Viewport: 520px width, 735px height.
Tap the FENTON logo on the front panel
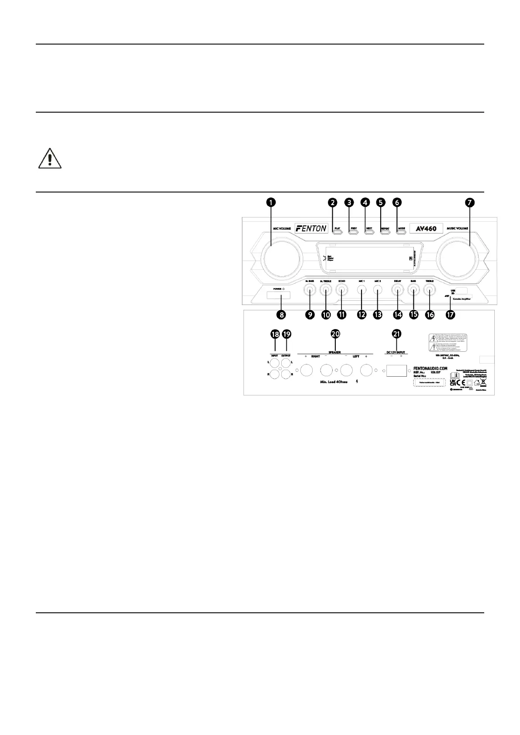[x=310, y=227]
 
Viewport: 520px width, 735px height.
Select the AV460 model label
[x=426, y=228]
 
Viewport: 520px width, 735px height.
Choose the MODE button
[x=401, y=230]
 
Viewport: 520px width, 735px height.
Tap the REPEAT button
[x=385, y=230]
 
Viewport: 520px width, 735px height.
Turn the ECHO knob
[x=341, y=289]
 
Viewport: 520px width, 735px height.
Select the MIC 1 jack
[x=362, y=289]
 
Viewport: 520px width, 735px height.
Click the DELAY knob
[x=397, y=289]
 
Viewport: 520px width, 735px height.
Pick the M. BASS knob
[x=310, y=289]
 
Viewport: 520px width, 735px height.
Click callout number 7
[x=470, y=202]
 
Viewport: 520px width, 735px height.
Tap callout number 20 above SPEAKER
[x=335, y=333]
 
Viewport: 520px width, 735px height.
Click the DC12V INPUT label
[x=396, y=352]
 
